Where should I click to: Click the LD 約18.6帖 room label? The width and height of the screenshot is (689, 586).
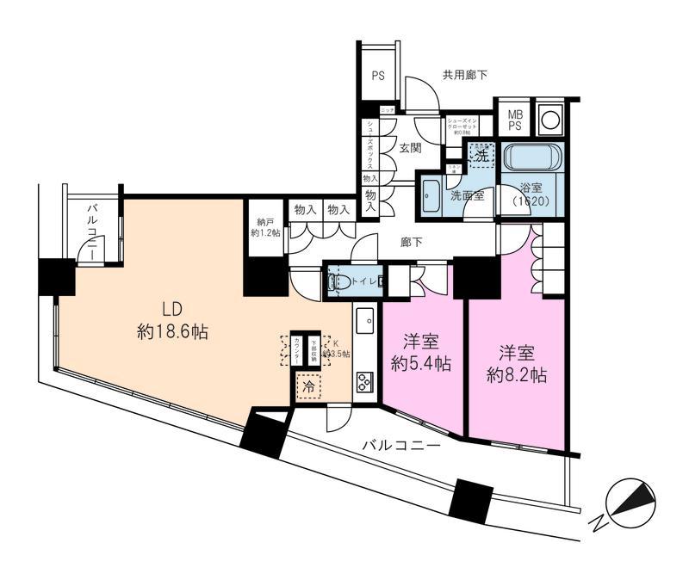(176, 319)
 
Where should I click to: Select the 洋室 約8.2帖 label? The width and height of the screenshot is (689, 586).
(516, 363)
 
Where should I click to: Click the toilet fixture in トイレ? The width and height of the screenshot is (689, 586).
(341, 281)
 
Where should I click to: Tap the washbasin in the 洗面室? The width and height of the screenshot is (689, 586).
(431, 192)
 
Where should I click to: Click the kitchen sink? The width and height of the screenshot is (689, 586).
(364, 320)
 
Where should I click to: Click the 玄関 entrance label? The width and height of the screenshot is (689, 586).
(410, 148)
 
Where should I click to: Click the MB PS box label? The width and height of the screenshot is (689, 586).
(514, 119)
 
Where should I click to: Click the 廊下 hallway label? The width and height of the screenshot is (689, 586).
(412, 243)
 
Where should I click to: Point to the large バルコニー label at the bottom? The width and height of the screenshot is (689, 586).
(400, 446)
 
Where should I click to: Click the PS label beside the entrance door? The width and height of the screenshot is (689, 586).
(377, 76)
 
